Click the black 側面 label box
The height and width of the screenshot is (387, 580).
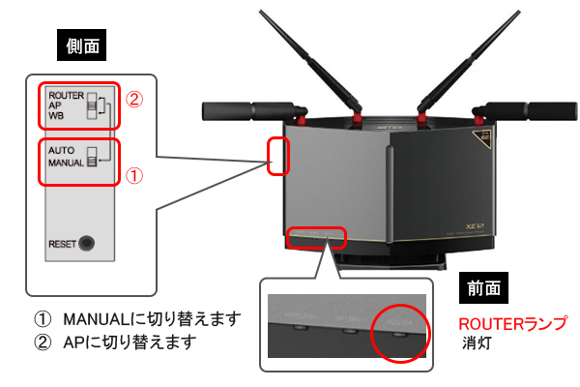pyautogui.click(x=89, y=45)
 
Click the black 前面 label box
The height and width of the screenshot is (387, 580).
pyautogui.click(x=489, y=288)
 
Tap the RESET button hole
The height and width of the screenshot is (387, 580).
pyautogui.click(x=90, y=244)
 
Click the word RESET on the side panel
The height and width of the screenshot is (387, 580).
pyautogui.click(x=63, y=244)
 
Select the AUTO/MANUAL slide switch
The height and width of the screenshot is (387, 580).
pyautogui.click(x=93, y=156)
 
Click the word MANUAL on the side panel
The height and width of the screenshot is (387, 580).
pyautogui.click(x=68, y=162)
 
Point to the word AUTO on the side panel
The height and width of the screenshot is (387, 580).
pyautogui.click(x=61, y=150)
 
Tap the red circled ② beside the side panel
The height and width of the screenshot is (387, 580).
pyautogui.click(x=136, y=99)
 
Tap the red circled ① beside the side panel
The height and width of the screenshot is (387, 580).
pyautogui.click(x=136, y=176)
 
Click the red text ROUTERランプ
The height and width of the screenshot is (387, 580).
pyautogui.click(x=513, y=323)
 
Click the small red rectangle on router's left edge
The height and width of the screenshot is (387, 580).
pyautogui.click(x=278, y=155)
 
